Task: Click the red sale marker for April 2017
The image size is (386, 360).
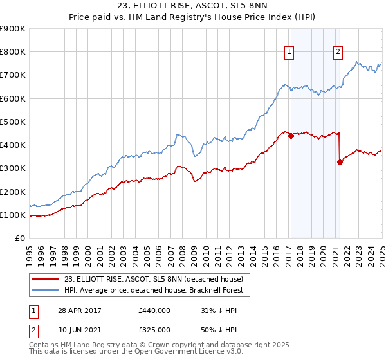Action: click(291, 136)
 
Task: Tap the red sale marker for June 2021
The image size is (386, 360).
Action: click(339, 162)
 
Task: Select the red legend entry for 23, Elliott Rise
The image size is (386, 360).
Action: click(153, 279)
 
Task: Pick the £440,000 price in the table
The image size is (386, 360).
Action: click(154, 310)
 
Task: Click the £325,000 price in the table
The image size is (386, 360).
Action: click(154, 329)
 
